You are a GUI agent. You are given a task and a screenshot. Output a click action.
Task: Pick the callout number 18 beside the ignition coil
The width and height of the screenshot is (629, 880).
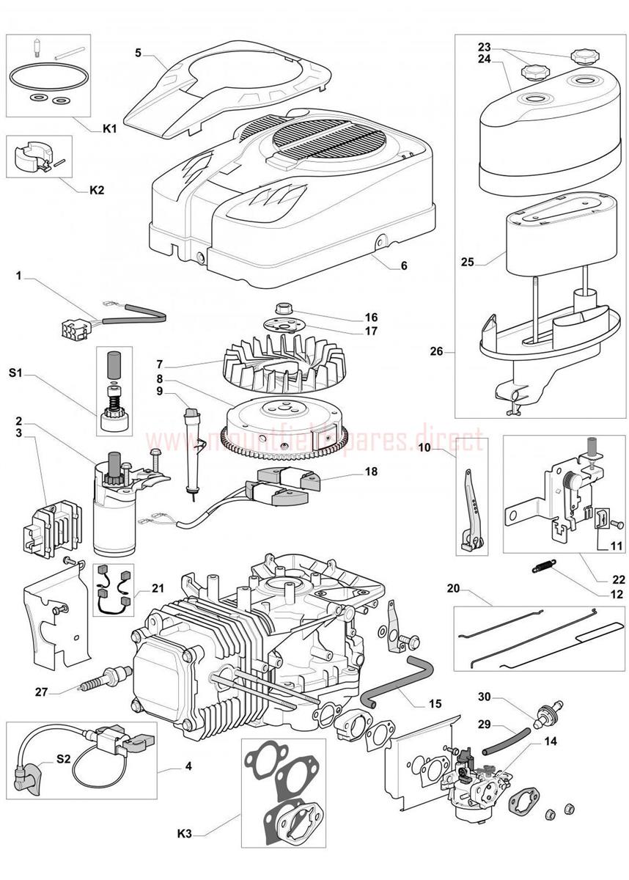point(371,472)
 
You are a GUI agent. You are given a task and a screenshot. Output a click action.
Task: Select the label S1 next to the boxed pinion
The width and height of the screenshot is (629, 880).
point(16,373)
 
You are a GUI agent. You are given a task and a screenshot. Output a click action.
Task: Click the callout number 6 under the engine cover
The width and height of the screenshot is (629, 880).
point(403,265)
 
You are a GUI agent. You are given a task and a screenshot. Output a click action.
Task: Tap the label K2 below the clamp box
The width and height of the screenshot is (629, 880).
point(96,189)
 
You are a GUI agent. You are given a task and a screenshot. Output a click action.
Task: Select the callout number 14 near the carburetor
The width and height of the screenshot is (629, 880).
point(551,741)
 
